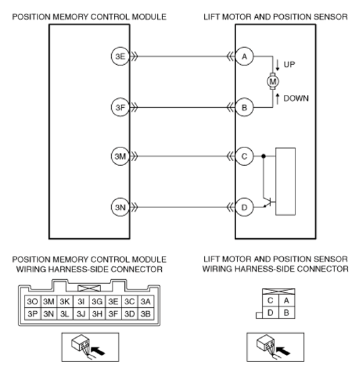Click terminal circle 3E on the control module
tap(120, 57)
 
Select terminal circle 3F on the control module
tap(120, 108)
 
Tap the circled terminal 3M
tap(120, 156)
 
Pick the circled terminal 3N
tap(120, 207)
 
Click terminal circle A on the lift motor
tap(244, 57)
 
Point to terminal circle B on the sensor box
tap(244, 108)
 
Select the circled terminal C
tap(244, 156)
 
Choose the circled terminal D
tap(244, 207)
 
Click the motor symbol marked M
tap(273, 82)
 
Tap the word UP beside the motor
tap(289, 64)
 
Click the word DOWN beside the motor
tap(296, 98)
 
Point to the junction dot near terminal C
tap(263, 156)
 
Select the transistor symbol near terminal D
tap(269, 202)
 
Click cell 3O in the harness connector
tap(33, 302)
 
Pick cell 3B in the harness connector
tap(145, 314)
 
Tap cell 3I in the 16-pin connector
tap(81, 302)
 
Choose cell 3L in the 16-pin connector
tap(65, 314)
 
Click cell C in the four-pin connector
tap(270, 300)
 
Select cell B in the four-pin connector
tap(287, 313)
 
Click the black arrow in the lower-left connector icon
tap(98, 351)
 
